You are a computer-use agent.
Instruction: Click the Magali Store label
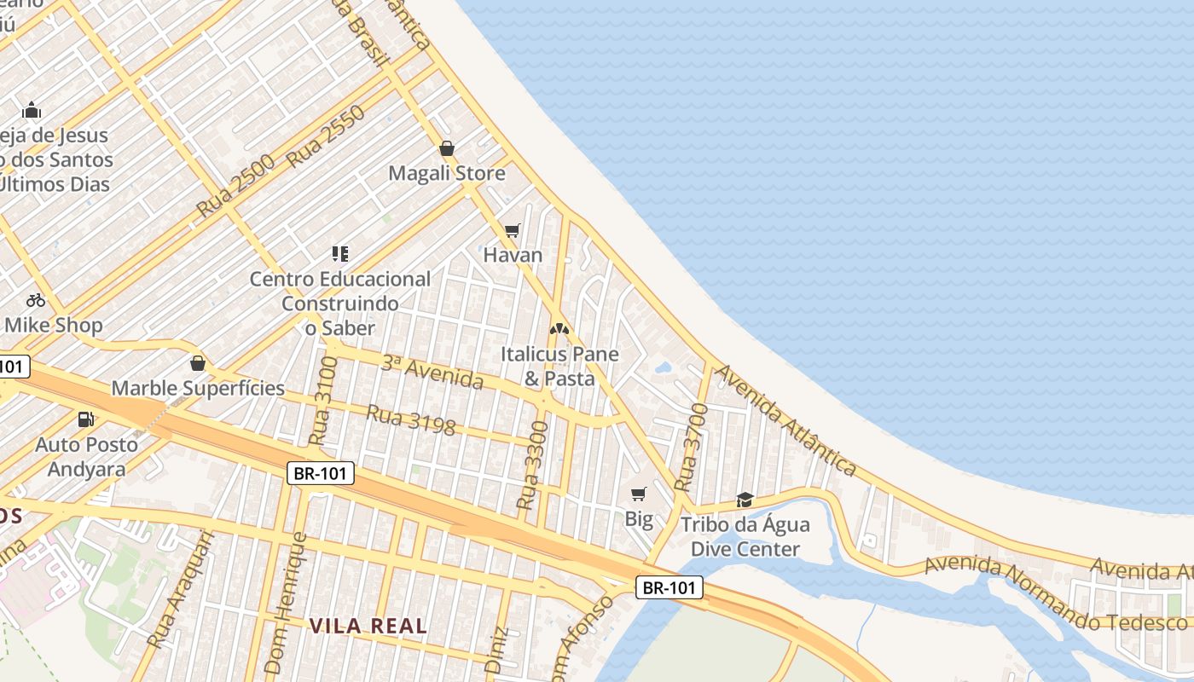point(447,174)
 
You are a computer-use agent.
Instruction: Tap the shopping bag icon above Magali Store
point(446,149)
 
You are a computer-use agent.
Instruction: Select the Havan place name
point(513,255)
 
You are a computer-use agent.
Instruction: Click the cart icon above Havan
point(513,230)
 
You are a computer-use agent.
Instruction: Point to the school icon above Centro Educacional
point(340,253)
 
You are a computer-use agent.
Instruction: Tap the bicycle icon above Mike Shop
point(35,300)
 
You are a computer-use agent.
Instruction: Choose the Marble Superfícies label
point(198,389)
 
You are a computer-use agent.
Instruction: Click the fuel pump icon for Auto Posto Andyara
point(85,419)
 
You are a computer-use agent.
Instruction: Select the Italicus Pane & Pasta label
point(559,366)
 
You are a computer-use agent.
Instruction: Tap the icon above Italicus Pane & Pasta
point(559,328)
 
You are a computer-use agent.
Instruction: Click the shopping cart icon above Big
point(639,494)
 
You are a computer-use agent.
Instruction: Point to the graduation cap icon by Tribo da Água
point(745,500)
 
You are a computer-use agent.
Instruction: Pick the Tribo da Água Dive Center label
point(745,536)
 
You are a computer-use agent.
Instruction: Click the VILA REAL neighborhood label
point(368,626)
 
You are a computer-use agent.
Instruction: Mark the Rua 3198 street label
point(410,419)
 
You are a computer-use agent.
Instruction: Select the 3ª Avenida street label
point(432,373)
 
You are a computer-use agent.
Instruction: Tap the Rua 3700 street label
point(691,448)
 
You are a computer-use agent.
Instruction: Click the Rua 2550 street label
point(327,136)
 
